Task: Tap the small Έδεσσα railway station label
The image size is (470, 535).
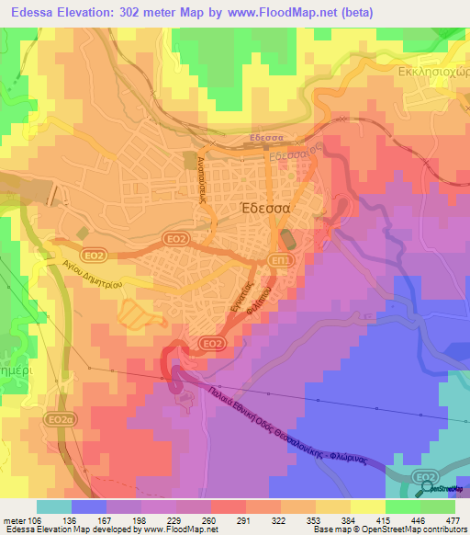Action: click(x=269, y=140)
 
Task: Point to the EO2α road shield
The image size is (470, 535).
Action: click(x=61, y=420)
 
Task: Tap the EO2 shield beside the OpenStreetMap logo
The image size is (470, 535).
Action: click(x=423, y=476)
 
